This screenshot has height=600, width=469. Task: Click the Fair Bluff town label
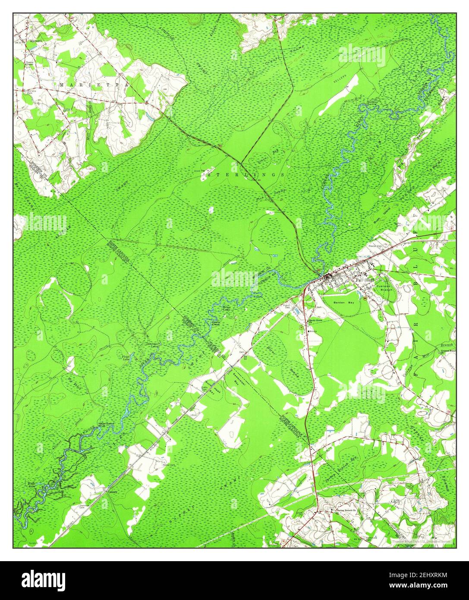[x=365, y=279]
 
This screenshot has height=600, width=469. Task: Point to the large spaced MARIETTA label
[x=94, y=85]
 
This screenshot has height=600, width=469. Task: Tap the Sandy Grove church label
[x=315, y=321]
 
